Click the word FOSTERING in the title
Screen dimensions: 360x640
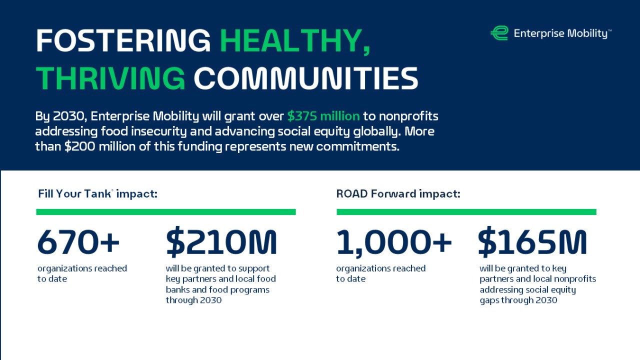123,40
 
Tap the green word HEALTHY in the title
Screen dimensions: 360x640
295,40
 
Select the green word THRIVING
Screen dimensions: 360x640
110,78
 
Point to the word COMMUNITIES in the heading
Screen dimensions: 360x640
305,78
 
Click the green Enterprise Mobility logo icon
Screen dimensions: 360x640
499,33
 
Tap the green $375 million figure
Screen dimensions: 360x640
323,116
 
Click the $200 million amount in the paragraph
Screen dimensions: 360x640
95,147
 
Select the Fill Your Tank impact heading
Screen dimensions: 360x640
97,193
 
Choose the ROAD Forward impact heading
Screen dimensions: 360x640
398,193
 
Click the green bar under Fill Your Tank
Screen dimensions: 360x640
166,212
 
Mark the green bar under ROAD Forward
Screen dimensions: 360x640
466,212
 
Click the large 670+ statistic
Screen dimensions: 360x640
78,242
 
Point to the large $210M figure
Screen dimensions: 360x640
221,242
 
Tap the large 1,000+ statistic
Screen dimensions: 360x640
394,242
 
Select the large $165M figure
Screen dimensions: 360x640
532,242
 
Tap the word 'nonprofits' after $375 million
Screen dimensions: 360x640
408,116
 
